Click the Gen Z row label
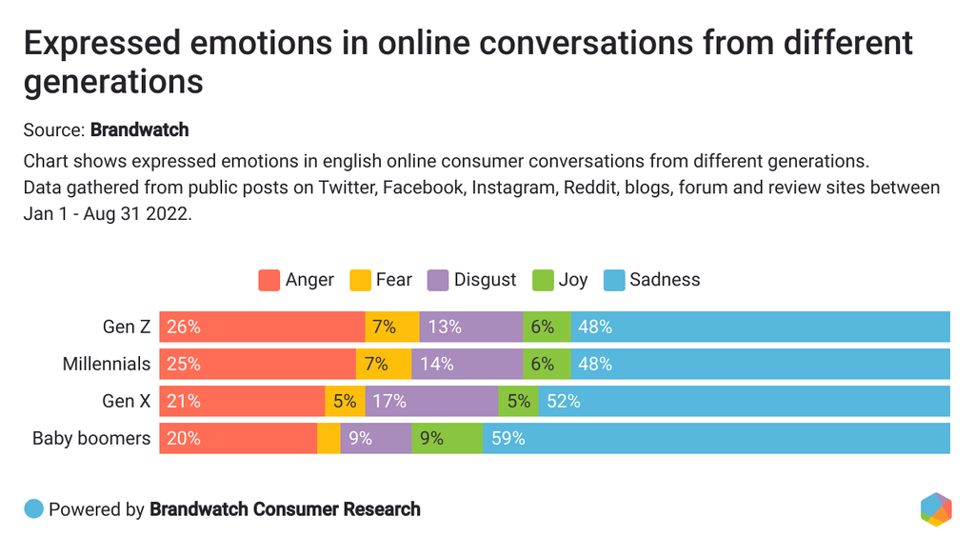click(127, 327)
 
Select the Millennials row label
click(107, 364)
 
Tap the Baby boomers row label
click(91, 438)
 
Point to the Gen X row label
click(127, 401)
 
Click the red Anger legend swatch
click(269, 280)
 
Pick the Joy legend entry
click(561, 280)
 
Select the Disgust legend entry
click(472, 280)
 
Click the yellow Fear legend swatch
click(360, 280)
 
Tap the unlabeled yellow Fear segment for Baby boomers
click(328, 438)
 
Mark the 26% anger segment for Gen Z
click(262, 327)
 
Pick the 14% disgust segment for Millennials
click(467, 364)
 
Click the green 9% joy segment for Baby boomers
click(447, 438)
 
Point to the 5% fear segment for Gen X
click(344, 401)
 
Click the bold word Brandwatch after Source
click(139, 129)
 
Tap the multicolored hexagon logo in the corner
click(936, 509)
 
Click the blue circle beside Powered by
click(34, 509)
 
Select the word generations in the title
click(113, 81)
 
